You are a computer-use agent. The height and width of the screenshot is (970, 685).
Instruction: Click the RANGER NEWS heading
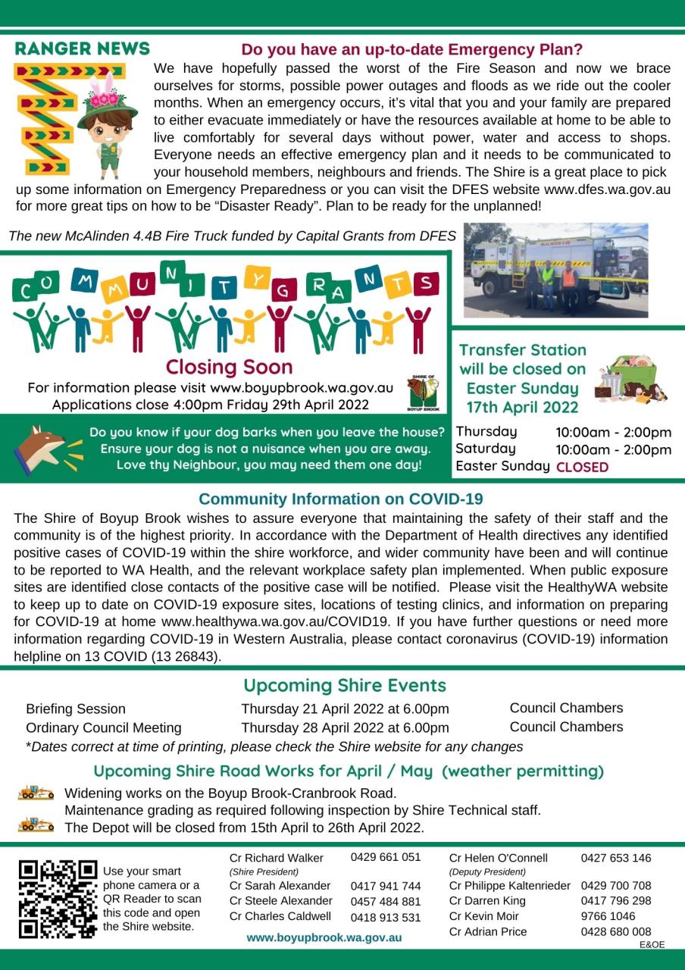tap(83, 49)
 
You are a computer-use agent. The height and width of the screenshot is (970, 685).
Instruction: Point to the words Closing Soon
tap(229, 368)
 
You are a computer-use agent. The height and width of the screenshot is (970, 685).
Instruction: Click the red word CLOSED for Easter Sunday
tap(582, 468)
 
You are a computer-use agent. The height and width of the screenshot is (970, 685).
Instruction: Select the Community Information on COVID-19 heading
tap(341, 499)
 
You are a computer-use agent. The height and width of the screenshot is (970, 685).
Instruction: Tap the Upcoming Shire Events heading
tap(345, 686)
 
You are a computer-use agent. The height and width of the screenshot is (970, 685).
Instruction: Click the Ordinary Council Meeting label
tap(104, 727)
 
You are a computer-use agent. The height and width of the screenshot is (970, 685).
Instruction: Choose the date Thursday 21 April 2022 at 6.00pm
tap(345, 709)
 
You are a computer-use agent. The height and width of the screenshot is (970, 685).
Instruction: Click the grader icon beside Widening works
tap(36, 793)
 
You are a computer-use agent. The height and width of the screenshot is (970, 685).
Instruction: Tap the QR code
tap(58, 899)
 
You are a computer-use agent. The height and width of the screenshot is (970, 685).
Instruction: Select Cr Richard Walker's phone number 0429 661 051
tap(386, 857)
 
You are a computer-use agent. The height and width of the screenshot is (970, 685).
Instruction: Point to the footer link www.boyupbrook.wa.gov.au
tap(324, 937)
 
